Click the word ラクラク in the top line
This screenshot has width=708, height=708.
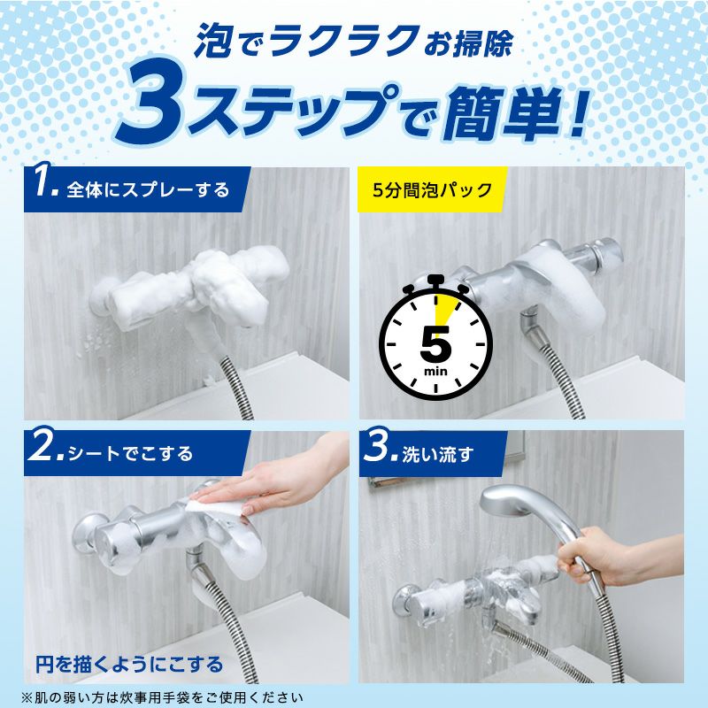(344, 41)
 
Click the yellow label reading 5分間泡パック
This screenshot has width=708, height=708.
(432, 189)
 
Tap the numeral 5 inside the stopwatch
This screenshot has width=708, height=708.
(435, 342)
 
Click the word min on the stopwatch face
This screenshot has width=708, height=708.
(435, 372)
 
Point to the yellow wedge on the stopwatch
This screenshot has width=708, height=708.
(443, 309)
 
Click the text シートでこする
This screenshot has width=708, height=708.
(130, 453)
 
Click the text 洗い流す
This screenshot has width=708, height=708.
(437, 454)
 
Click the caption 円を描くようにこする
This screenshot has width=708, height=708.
(129, 665)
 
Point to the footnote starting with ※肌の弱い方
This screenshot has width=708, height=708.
(163, 697)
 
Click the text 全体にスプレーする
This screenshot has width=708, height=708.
(148, 189)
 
